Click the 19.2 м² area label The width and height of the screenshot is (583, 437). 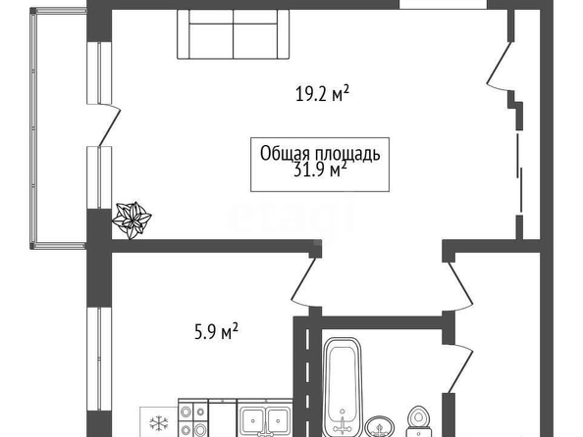322,93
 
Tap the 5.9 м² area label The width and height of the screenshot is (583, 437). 216,331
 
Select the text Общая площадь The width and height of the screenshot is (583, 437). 320,153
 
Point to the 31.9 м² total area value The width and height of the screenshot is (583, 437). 320,170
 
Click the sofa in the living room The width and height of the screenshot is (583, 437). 234,34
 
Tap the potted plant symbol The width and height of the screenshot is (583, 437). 132,219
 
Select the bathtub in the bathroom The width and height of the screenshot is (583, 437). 343,387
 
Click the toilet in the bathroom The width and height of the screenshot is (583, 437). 419,421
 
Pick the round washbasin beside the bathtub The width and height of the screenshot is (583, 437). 380,427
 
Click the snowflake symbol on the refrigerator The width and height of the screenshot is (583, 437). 159,422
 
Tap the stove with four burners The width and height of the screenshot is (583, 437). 193,418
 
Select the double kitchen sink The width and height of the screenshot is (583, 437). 265,418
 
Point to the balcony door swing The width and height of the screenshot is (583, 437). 109,124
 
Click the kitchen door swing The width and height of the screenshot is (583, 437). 302,282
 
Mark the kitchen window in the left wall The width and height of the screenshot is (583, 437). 99,359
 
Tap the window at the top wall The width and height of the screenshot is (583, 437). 444,4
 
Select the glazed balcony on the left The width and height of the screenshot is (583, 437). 59,128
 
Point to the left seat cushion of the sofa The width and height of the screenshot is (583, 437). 211,41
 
